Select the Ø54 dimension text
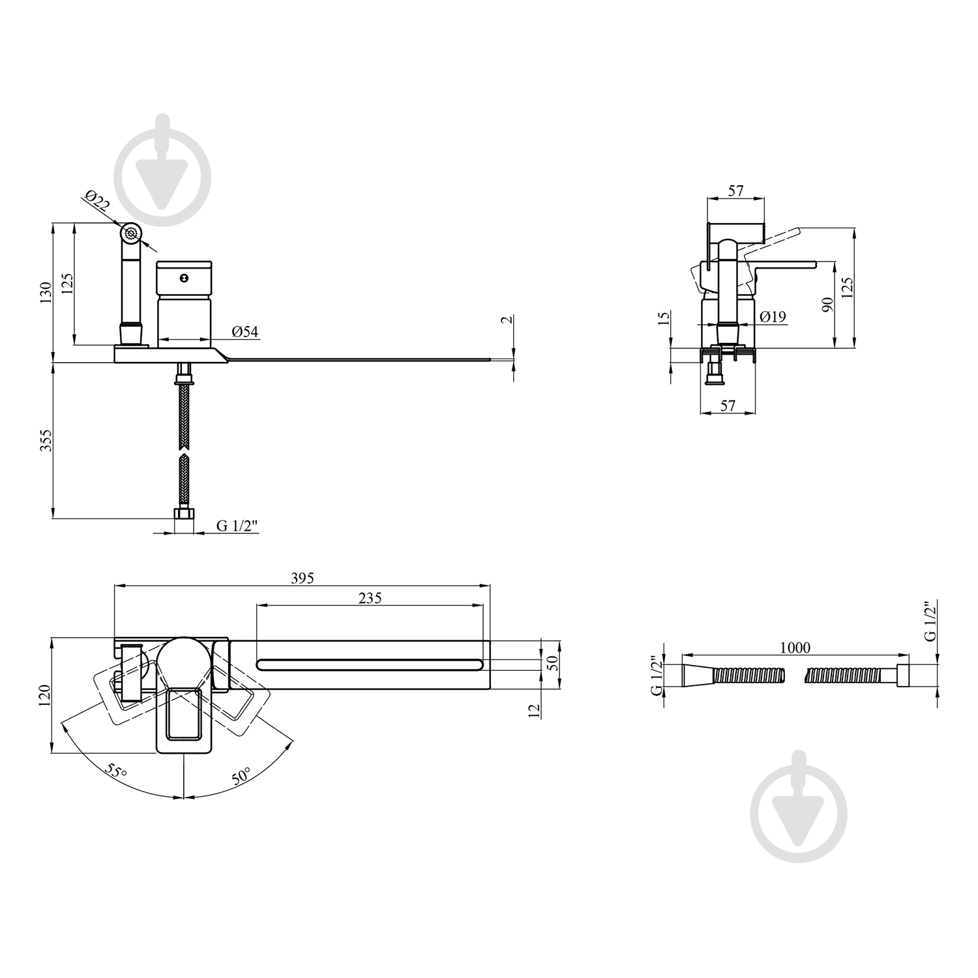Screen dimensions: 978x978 (245, 332)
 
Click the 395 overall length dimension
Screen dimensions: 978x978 (303, 578)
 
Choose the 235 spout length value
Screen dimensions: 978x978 (370, 597)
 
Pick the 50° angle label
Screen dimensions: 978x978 (241, 777)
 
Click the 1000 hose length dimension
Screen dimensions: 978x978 (795, 647)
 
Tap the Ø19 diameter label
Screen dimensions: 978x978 (773, 317)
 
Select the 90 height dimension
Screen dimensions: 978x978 (828, 304)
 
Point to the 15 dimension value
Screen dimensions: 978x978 (664, 319)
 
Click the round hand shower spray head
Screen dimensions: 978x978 (132, 233)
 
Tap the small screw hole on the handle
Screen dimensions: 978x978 (185, 278)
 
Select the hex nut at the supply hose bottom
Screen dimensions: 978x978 (185, 514)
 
